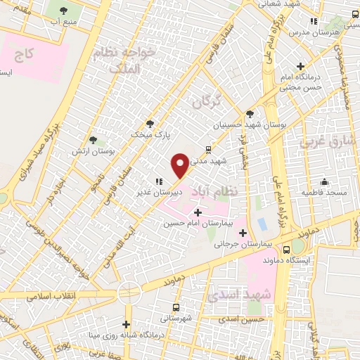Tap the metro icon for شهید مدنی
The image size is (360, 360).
(208, 149)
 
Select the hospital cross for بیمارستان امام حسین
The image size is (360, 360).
(197, 212)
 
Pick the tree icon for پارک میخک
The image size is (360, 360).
(149, 123)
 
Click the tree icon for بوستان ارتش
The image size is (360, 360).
(94, 140)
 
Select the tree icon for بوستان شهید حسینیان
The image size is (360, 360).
(250, 113)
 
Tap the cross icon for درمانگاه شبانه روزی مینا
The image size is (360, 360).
(127, 324)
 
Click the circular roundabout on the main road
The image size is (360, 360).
(130, 291)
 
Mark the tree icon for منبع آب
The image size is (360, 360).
(64, 11)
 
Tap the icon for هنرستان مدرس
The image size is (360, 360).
(313, 21)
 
